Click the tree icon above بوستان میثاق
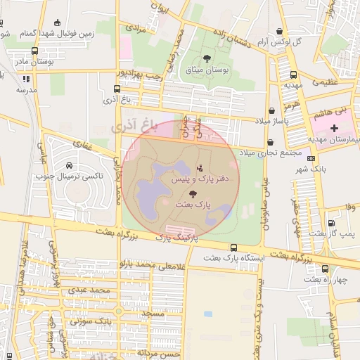tap(207, 58)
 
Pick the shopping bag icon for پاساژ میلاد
tap(271, 111)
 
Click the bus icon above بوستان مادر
tap(35, 51)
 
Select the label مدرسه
tap(26, 91)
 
